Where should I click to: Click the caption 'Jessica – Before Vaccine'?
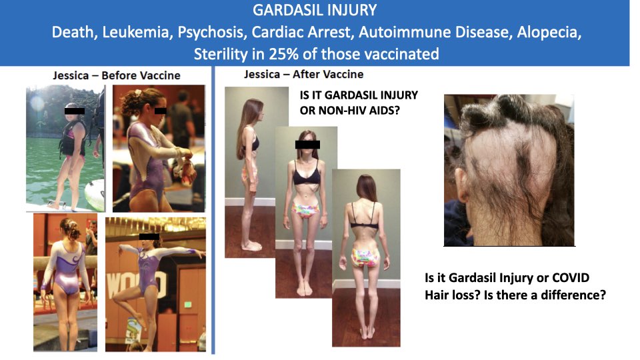pyautogui.click(x=117, y=75)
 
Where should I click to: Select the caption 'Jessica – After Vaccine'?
pyautogui.click(x=303, y=74)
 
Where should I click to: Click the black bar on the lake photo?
pyautogui.click(x=75, y=111)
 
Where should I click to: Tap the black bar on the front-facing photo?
pyautogui.click(x=307, y=144)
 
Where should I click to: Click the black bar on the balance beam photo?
pyautogui.click(x=149, y=236)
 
